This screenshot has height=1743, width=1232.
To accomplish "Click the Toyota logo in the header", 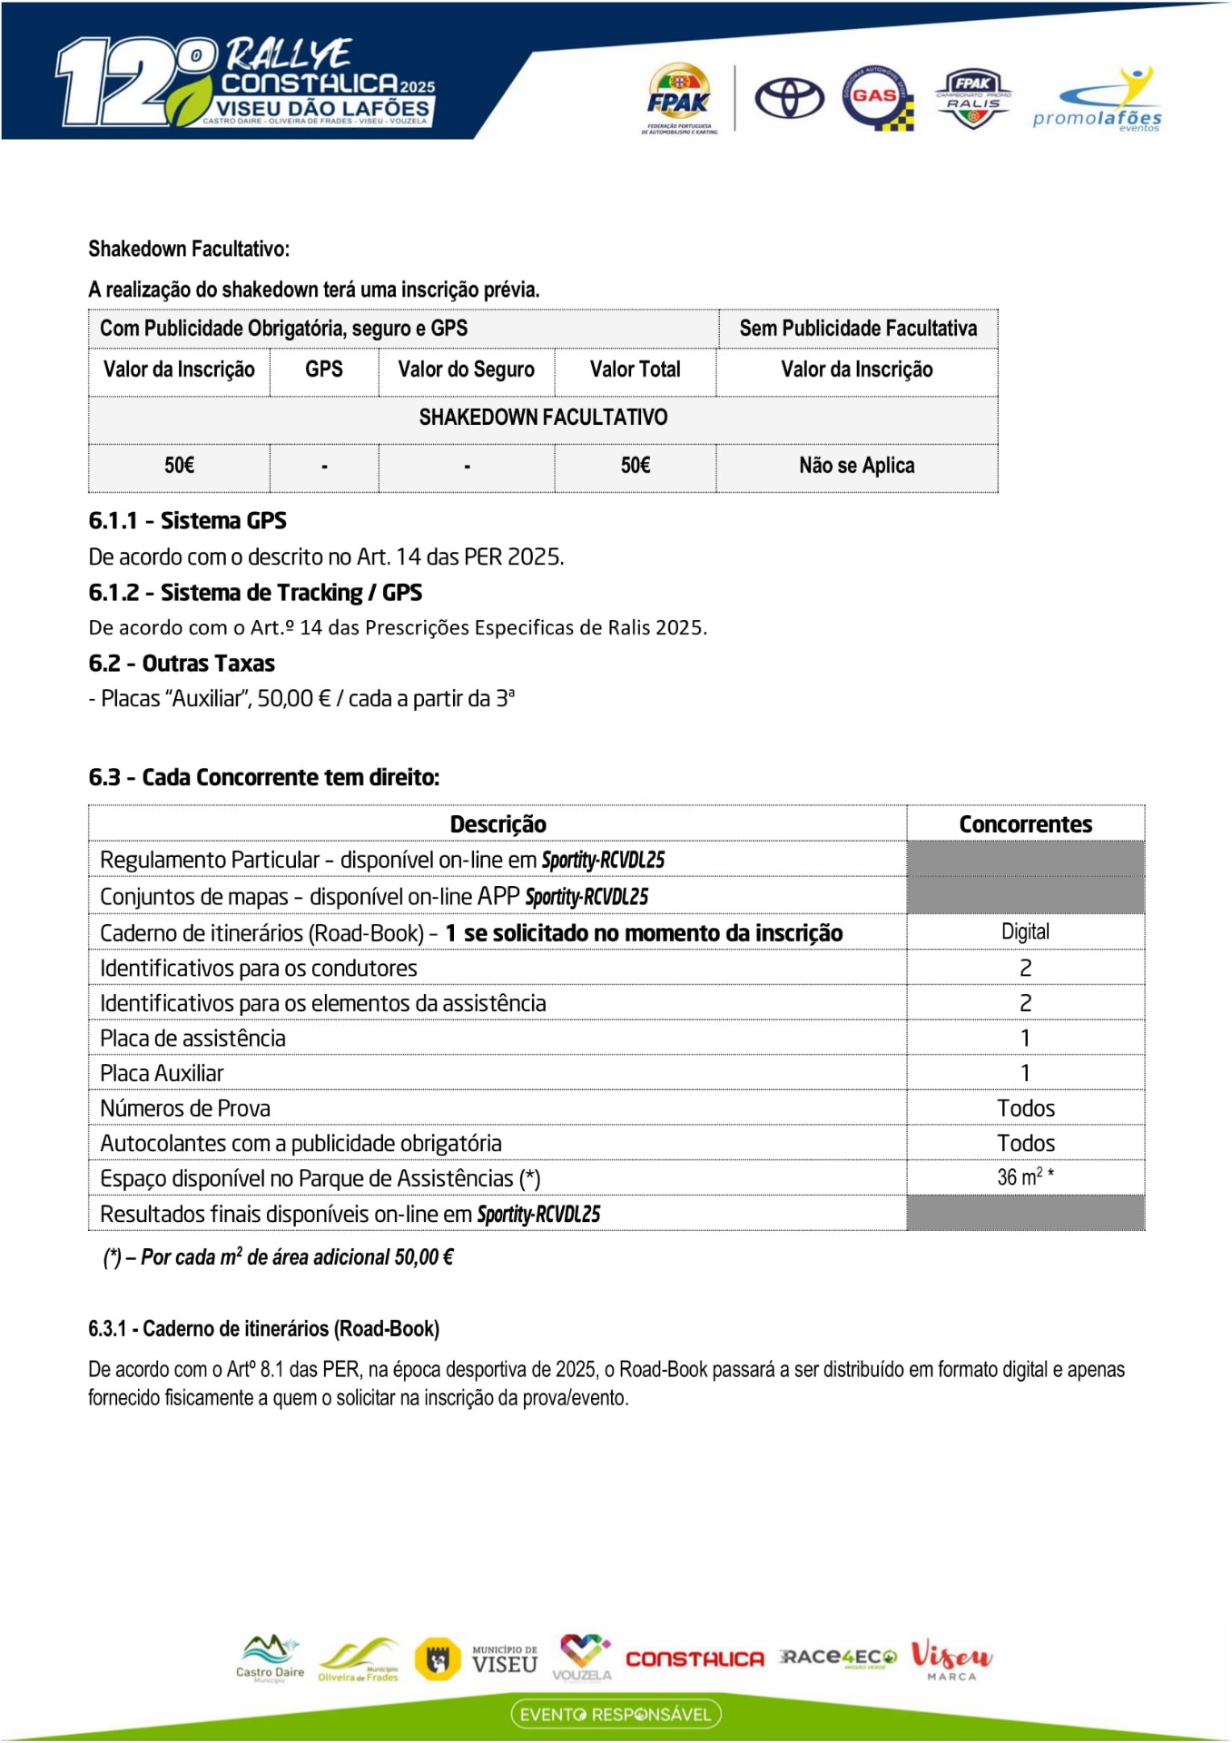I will click(x=789, y=98).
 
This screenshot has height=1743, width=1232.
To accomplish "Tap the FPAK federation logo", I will click(x=679, y=98).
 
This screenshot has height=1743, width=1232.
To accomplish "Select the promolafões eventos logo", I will click(x=1097, y=102).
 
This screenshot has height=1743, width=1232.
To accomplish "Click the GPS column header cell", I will click(x=324, y=369).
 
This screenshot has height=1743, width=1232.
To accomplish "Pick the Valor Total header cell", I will click(x=635, y=369).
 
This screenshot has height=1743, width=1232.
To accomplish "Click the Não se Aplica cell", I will click(x=856, y=466).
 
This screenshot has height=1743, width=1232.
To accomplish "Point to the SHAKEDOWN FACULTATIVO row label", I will click(x=543, y=418).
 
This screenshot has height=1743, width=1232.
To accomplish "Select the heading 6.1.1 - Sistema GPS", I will click(x=187, y=520).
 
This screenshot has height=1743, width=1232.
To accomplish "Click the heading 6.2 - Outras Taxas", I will click(x=182, y=663).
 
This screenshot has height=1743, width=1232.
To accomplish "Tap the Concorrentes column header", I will click(x=1025, y=823).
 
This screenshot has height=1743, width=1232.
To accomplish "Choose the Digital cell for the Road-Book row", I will click(x=1025, y=931).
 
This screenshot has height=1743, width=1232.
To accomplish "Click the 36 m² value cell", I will click(x=1025, y=1177).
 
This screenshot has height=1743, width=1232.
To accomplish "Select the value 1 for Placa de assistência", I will click(x=1025, y=1038).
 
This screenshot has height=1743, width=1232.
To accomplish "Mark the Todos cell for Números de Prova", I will click(x=1025, y=1108).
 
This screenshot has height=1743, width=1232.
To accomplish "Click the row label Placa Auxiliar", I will click(x=162, y=1073).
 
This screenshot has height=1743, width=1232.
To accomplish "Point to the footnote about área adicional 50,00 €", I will click(x=278, y=1257).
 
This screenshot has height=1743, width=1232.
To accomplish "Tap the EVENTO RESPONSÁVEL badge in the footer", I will click(x=616, y=1714).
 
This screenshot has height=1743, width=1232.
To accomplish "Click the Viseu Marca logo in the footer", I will click(x=951, y=1659).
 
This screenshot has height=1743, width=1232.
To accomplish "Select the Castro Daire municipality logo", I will click(x=270, y=1659).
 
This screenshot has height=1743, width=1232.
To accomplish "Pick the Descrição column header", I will click(x=498, y=823).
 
